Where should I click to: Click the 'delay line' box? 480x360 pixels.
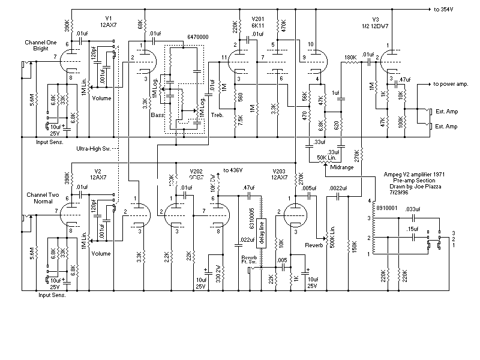pos(261,235)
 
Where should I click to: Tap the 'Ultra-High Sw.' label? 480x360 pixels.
pos(95,148)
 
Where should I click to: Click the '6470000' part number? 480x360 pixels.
pos(198,37)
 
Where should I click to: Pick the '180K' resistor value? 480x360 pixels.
pos(350,58)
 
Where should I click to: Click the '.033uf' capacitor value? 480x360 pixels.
pos(413,209)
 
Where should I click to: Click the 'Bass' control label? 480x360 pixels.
pos(158,114)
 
